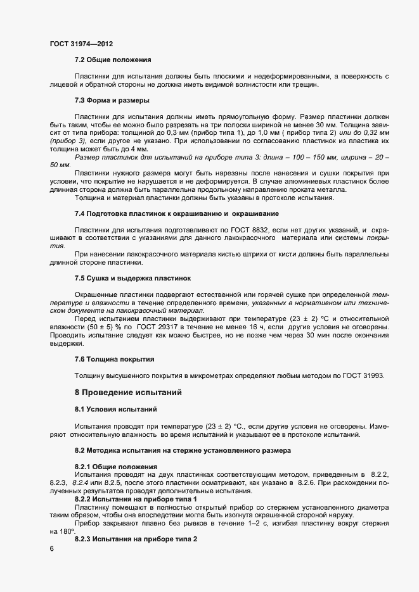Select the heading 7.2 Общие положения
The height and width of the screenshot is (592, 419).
tap(113, 60)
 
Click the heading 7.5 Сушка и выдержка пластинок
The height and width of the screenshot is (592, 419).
tap(133, 279)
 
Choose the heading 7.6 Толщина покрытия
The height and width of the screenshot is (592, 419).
tap(114, 359)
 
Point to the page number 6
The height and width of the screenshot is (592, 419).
tap(51, 549)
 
